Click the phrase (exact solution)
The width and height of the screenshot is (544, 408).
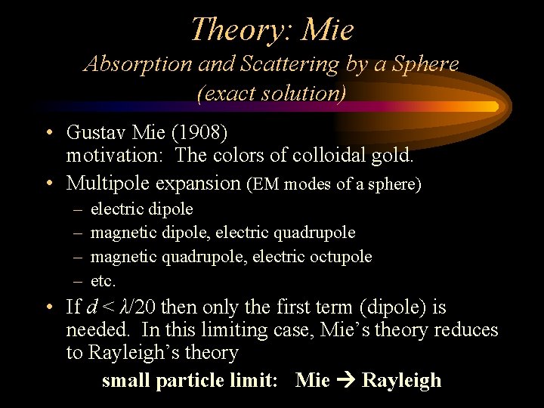point(271,93)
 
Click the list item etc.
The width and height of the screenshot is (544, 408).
point(103,281)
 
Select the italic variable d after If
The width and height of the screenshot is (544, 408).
point(91,308)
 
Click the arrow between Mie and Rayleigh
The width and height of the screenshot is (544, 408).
point(345,380)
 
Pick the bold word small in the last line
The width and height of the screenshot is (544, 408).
point(125,380)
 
